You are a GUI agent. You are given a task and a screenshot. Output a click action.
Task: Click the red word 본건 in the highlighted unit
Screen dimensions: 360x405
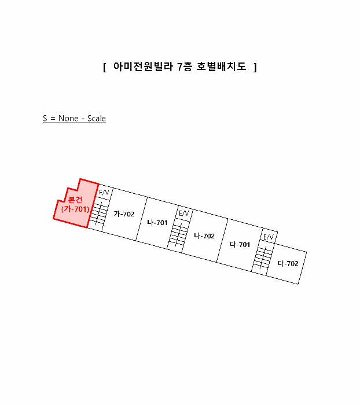75,200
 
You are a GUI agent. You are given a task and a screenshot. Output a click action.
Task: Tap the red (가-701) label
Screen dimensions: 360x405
75,209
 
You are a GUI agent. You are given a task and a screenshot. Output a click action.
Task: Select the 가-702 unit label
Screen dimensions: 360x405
124,214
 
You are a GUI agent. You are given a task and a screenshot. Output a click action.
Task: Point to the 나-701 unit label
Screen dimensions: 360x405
157,222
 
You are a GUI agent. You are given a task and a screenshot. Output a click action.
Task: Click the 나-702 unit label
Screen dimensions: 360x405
204,236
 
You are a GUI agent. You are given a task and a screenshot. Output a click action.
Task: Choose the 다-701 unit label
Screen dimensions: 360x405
240,244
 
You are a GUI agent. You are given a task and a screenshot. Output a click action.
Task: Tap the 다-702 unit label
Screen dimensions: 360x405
288,263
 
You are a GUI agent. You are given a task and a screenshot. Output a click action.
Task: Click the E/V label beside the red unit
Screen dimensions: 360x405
104,193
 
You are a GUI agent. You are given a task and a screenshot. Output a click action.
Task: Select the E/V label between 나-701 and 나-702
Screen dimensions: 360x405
183,213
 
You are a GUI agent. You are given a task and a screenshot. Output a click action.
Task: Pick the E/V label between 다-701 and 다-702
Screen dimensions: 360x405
268,237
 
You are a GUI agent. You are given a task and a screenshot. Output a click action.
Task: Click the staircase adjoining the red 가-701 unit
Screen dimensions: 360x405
98,213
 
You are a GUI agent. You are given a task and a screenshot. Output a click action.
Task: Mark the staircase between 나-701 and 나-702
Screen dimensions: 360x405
178,234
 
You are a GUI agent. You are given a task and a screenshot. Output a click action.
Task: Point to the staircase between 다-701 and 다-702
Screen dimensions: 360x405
263,257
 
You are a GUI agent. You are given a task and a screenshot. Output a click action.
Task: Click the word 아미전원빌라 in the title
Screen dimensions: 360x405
143,67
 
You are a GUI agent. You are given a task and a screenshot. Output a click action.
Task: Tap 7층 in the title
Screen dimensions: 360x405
185,67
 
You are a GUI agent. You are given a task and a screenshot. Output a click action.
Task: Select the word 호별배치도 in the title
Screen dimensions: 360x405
222,67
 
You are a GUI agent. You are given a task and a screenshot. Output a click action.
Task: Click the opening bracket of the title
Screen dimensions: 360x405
104,67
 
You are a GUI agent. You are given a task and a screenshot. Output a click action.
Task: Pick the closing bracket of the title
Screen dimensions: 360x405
255,67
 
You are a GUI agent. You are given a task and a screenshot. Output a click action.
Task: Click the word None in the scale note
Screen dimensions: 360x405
68,118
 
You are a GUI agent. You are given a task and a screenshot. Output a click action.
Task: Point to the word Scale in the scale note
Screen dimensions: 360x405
97,118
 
